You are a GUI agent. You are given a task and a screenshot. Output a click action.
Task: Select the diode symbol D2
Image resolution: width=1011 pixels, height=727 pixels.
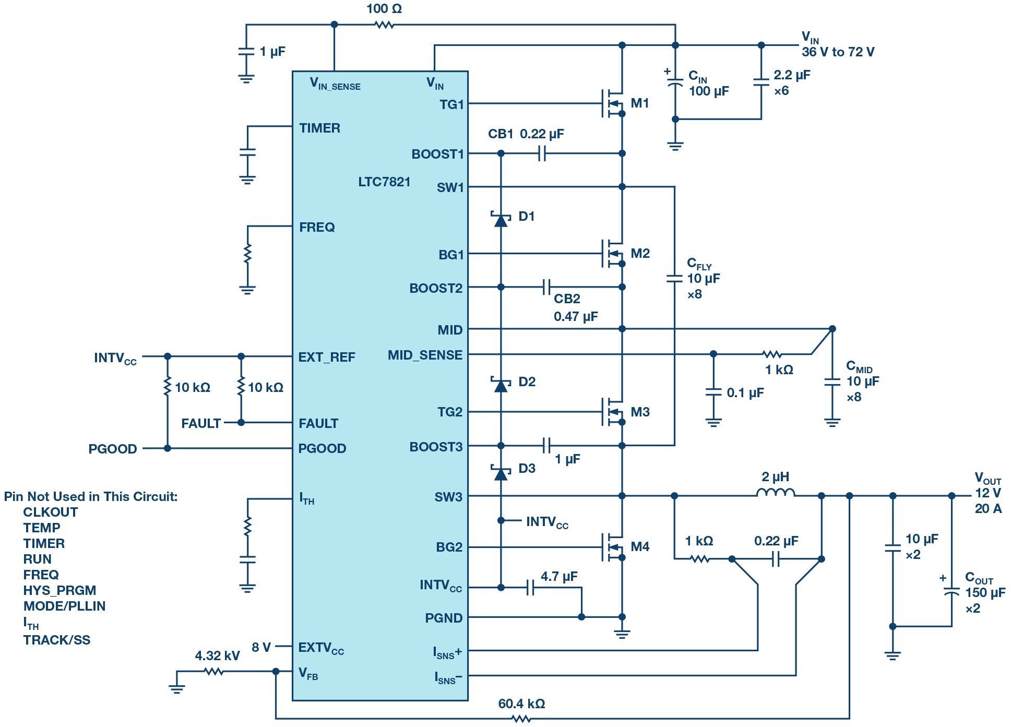click(x=501, y=385)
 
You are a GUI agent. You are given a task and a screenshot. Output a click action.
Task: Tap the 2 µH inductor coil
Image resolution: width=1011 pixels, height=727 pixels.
click(x=776, y=492)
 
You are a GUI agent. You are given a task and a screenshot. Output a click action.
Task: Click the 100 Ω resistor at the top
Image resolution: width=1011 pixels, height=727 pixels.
click(x=385, y=25)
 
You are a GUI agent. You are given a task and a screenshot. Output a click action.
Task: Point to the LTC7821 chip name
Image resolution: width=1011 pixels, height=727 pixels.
click(x=384, y=182)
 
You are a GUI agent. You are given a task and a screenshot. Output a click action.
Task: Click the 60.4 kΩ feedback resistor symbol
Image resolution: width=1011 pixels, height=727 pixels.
click(x=521, y=719)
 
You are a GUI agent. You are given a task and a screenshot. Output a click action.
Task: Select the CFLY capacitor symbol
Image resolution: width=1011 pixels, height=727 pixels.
click(x=674, y=279)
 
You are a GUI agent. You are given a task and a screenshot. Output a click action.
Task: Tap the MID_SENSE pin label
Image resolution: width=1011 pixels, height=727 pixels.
click(x=425, y=355)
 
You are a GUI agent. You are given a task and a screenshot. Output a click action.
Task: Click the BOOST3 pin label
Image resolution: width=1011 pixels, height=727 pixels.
click(x=436, y=447)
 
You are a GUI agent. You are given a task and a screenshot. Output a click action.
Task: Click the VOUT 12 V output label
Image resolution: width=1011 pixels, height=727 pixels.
click(x=988, y=493)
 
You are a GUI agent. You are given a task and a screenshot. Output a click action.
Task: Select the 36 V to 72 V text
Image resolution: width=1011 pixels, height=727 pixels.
click(x=838, y=52)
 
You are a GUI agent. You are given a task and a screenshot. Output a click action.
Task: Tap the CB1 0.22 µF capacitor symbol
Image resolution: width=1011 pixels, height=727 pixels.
click(x=542, y=153)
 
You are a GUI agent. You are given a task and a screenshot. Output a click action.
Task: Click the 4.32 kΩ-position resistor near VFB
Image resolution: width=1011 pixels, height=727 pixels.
click(x=213, y=671)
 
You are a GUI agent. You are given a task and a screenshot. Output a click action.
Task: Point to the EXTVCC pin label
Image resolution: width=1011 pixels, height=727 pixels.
click(x=321, y=648)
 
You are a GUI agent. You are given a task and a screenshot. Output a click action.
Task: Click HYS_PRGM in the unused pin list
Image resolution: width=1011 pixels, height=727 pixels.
click(x=60, y=590)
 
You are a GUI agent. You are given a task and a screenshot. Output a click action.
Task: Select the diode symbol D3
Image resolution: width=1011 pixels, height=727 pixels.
click(x=501, y=472)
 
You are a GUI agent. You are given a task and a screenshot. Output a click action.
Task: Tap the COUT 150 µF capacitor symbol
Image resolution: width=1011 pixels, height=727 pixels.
click(x=951, y=592)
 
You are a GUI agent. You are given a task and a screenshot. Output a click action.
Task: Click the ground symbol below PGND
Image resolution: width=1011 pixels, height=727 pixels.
click(x=622, y=634)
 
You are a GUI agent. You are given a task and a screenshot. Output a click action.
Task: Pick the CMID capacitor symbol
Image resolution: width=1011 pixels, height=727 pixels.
click(x=832, y=382)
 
